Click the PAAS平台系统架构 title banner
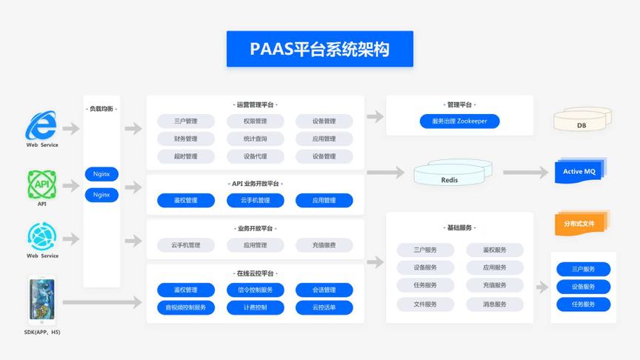pyautogui.click(x=319, y=49)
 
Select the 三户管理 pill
pyautogui.click(x=186, y=121)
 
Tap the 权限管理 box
pyautogui.click(x=255, y=121)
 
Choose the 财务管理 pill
pyautogui.click(x=186, y=139)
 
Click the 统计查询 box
pyautogui.click(x=255, y=139)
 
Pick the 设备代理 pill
pyautogui.click(x=255, y=156)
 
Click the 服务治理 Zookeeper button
pyautogui.click(x=460, y=121)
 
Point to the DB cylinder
pyautogui.click(x=582, y=121)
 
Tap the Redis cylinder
pyautogui.click(x=450, y=176)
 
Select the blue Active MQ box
pyautogui.click(x=579, y=171)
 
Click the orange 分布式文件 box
pyautogui.click(x=579, y=223)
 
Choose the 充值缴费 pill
pyautogui.click(x=324, y=245)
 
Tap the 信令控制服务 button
pyautogui.click(x=255, y=290)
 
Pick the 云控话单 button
pyautogui.click(x=324, y=307)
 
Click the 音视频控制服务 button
pyautogui.click(x=186, y=307)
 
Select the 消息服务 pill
pyautogui.click(x=495, y=304)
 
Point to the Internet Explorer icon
pyautogui.click(x=41, y=125)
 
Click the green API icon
pyautogui.click(x=41, y=184)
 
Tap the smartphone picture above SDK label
pyautogui.click(x=41, y=300)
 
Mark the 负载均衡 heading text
pyautogui.click(x=101, y=109)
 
